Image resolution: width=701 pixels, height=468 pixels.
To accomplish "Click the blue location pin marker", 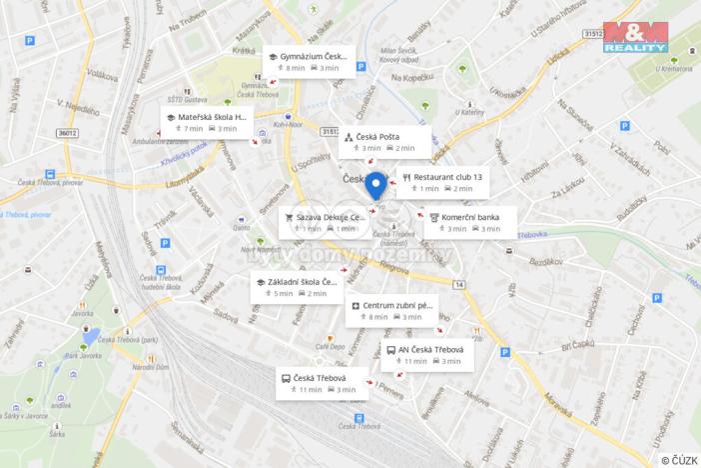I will click(375, 185).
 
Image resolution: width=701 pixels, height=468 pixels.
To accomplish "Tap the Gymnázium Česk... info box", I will click(309, 62).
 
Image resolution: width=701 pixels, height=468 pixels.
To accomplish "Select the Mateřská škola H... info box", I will click(207, 122).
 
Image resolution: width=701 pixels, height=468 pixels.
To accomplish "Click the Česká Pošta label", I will click(384, 141).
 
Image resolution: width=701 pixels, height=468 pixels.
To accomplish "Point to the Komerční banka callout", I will click(470, 222).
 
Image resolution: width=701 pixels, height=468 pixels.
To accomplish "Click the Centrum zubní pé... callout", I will click(392, 310).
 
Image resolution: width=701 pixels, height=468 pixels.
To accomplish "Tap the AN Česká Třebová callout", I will click(427, 355).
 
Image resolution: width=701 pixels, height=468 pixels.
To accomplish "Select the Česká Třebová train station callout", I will click(322, 383).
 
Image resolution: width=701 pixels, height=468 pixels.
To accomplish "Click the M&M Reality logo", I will click(636, 36).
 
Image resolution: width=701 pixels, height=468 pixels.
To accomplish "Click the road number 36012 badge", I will click(67, 132).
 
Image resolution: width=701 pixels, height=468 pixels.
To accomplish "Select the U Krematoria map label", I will click(675, 69).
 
